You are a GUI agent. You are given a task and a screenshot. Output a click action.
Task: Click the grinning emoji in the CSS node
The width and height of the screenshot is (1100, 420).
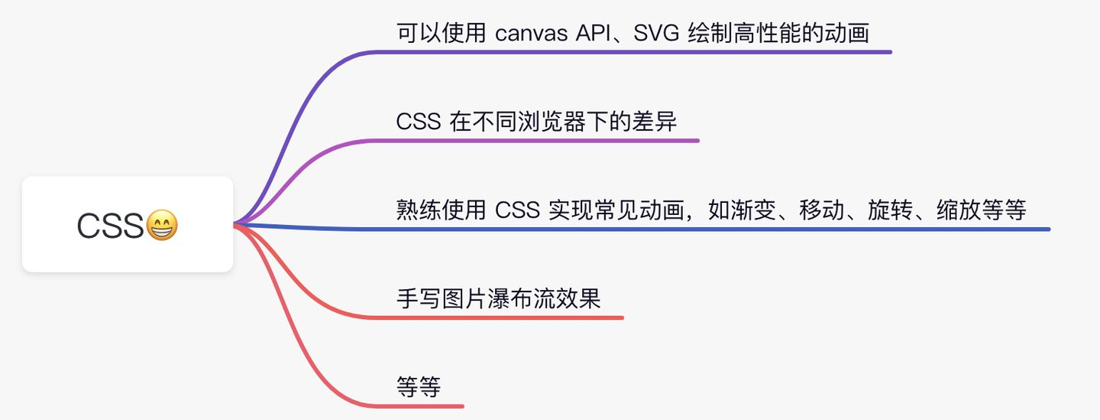[162, 225]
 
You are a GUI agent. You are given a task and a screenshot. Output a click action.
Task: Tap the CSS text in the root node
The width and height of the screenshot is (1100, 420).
[110, 226]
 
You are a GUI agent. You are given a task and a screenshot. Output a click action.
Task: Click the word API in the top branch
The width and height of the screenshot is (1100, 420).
[594, 33]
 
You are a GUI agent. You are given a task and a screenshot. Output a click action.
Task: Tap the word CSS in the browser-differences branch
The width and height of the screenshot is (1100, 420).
[419, 122]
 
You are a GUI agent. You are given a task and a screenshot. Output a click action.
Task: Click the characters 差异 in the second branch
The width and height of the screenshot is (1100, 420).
[654, 122]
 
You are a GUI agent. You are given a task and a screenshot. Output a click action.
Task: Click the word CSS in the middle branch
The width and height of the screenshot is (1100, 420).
[518, 210]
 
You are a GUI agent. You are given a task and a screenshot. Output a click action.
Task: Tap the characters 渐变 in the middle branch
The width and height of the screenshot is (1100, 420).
[753, 210]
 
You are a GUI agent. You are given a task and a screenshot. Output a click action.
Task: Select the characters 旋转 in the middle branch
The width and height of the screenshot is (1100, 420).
[891, 210]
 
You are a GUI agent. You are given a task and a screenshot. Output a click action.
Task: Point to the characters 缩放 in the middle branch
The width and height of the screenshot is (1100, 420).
[959, 210]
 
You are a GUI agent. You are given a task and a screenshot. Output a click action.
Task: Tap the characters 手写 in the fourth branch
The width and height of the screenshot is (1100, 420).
[419, 298]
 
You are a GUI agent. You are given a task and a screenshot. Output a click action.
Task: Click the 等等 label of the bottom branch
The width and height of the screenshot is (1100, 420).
[419, 387]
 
